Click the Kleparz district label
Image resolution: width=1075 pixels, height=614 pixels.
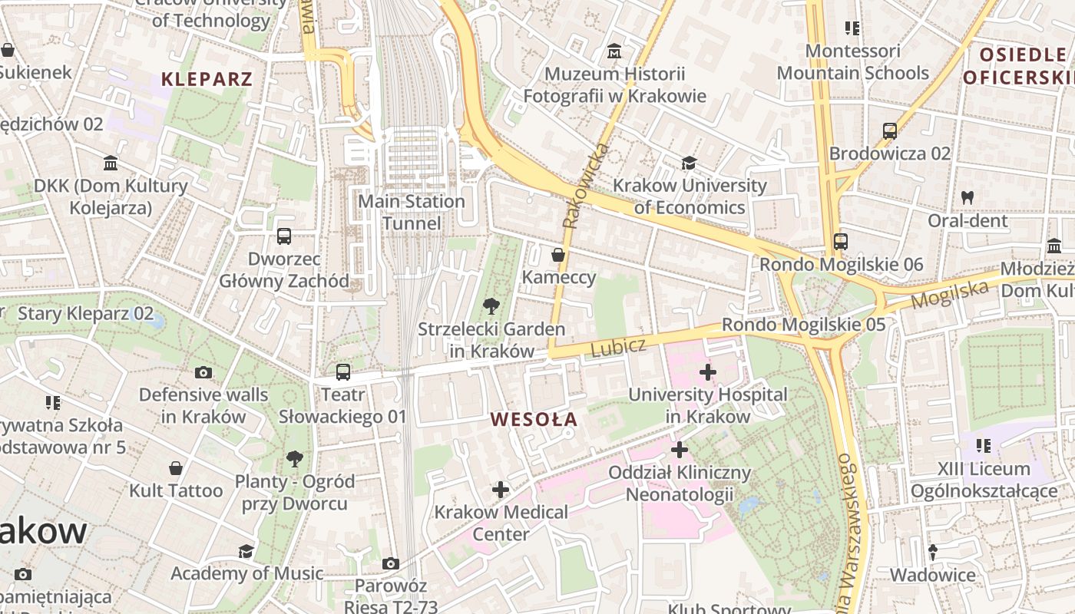[207, 79]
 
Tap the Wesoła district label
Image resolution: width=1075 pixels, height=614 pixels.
[534, 420]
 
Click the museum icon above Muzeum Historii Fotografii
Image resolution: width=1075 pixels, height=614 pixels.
[614, 51]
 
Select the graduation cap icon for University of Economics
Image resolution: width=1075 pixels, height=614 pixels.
[689, 163]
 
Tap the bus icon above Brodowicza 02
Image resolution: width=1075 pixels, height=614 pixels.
[890, 130]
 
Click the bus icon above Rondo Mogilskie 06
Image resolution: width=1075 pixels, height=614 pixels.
[841, 242]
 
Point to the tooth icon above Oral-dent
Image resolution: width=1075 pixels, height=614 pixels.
[968, 197]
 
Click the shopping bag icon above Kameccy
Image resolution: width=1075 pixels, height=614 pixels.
[558, 254]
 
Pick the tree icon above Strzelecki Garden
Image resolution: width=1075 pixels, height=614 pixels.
[491, 307]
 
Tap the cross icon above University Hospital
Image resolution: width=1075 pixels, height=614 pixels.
[708, 373]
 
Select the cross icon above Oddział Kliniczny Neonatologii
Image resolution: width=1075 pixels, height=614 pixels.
[680, 450]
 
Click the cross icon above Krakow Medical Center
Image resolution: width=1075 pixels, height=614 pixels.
[501, 490]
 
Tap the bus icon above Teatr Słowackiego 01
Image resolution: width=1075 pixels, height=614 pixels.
[343, 372]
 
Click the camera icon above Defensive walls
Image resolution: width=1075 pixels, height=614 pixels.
[203, 373]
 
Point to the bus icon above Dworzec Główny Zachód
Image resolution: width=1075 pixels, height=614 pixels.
[284, 236]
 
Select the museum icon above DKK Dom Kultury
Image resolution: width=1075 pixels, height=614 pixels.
[111, 163]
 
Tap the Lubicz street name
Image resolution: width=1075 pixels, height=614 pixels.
[618, 347]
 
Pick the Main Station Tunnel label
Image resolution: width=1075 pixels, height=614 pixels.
[412, 213]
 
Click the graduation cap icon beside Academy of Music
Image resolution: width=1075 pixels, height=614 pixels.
[246, 552]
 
